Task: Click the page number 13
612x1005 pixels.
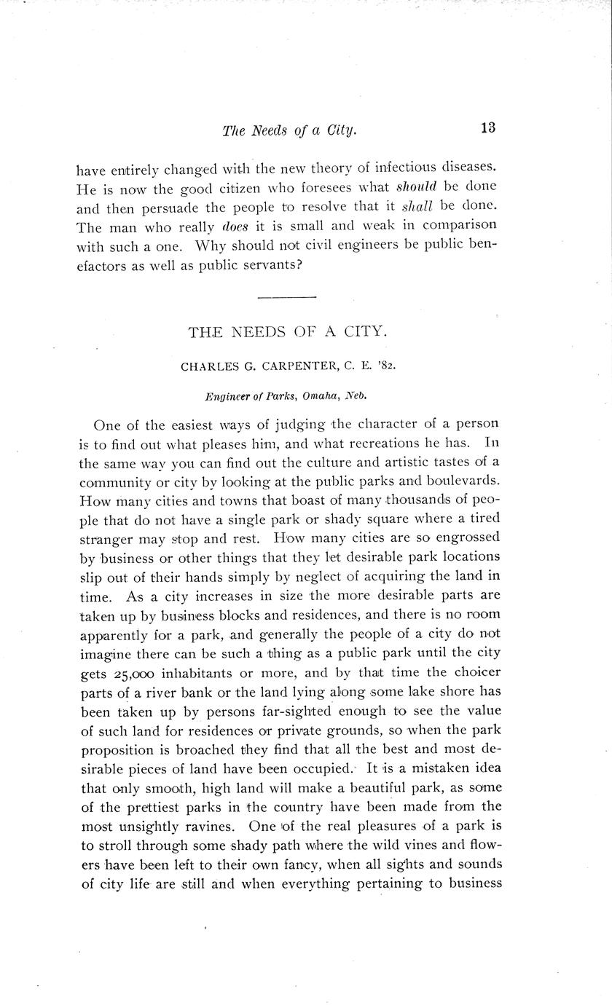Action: tap(488, 127)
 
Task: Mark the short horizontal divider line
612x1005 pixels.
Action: tap(287, 297)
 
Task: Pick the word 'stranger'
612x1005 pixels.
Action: tap(106, 540)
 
